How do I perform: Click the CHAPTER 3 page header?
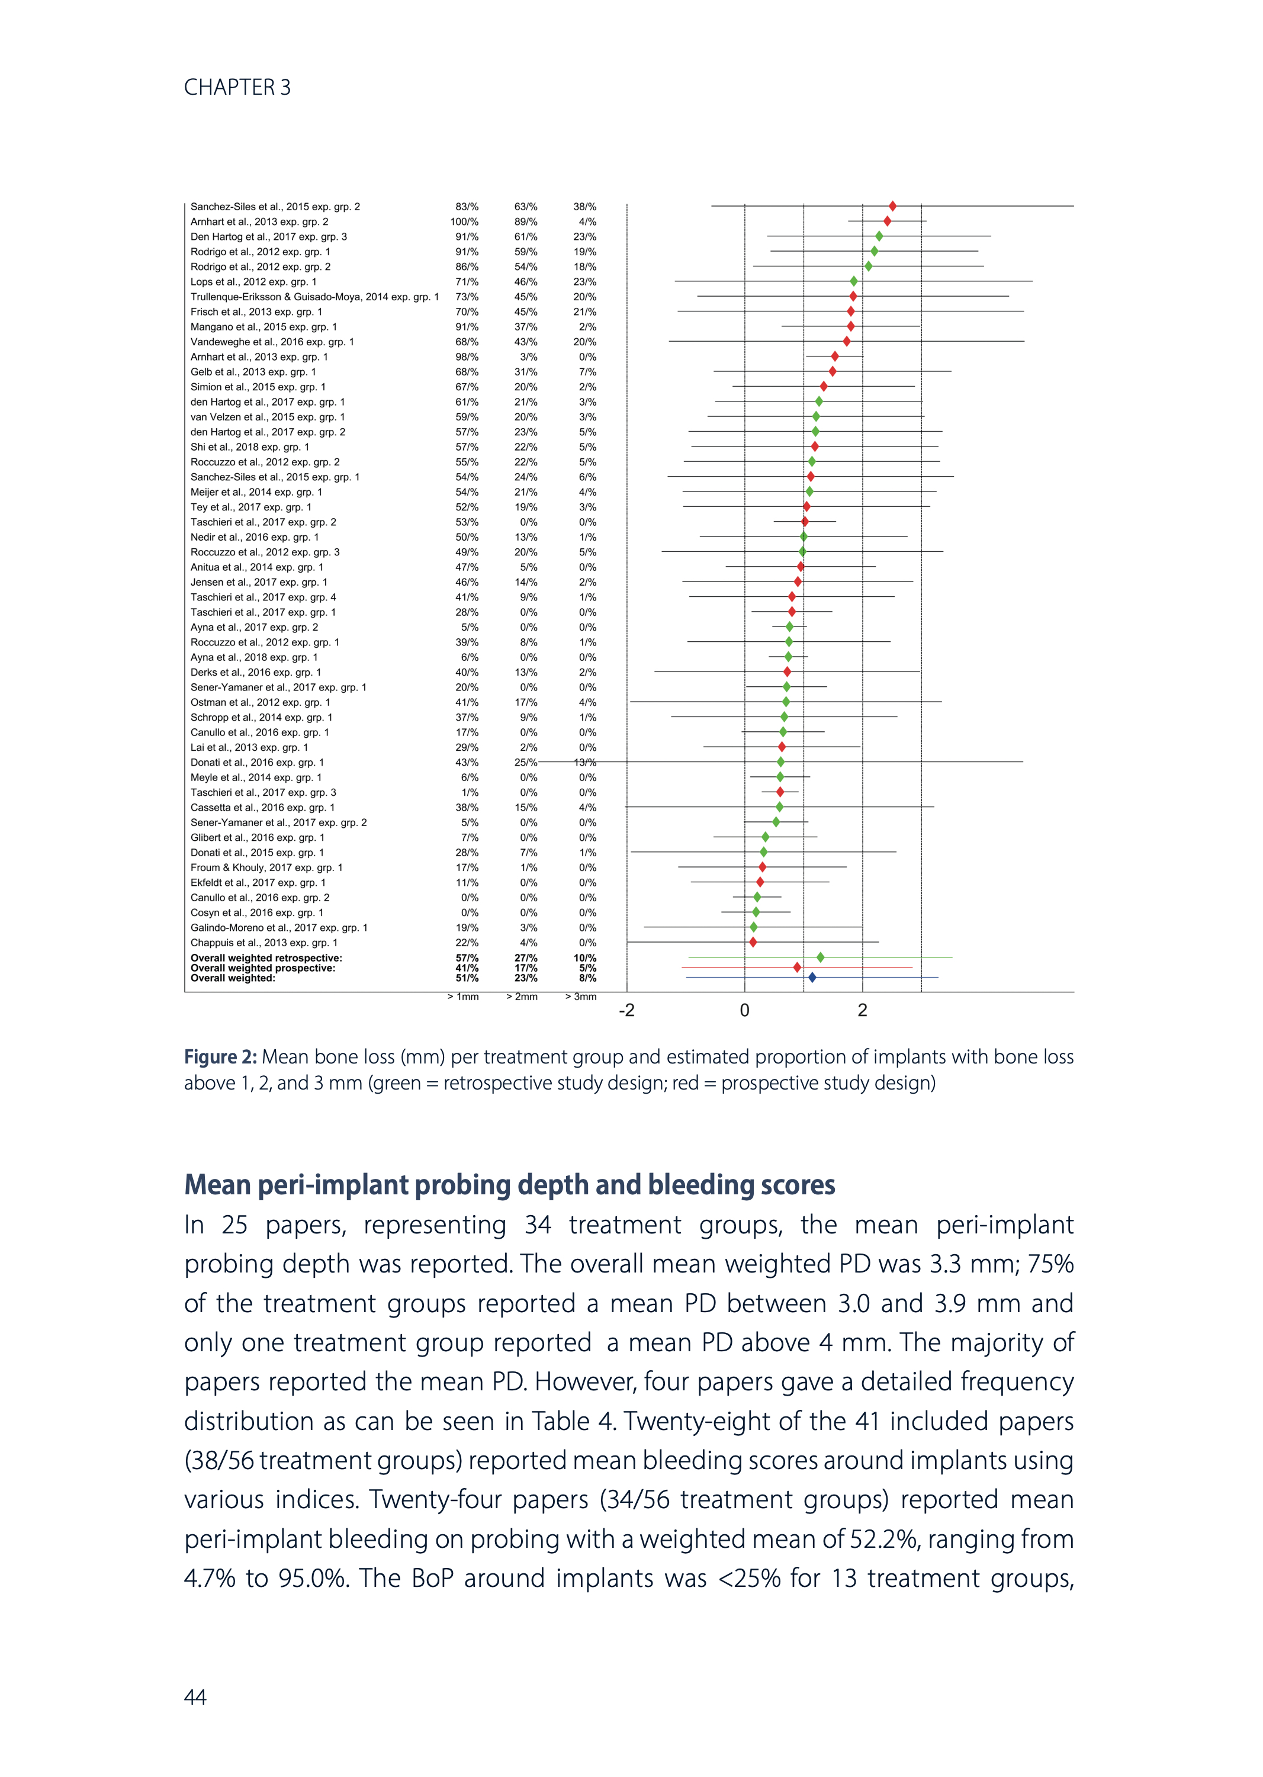pyautogui.click(x=237, y=87)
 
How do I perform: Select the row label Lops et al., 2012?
pyautogui.click(x=253, y=281)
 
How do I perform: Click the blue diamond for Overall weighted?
pyautogui.click(x=812, y=978)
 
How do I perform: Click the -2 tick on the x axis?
pyautogui.click(x=627, y=1010)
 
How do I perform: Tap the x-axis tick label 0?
pyautogui.click(x=744, y=1010)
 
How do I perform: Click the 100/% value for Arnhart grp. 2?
pyautogui.click(x=464, y=221)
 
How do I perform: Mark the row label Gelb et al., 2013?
pyautogui.click(x=253, y=372)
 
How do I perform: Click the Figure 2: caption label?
pyautogui.click(x=220, y=1057)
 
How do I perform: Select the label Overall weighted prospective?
pyautogui.click(x=263, y=968)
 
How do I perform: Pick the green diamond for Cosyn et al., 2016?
pyautogui.click(x=756, y=912)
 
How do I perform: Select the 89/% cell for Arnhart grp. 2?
pyautogui.click(x=526, y=221)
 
